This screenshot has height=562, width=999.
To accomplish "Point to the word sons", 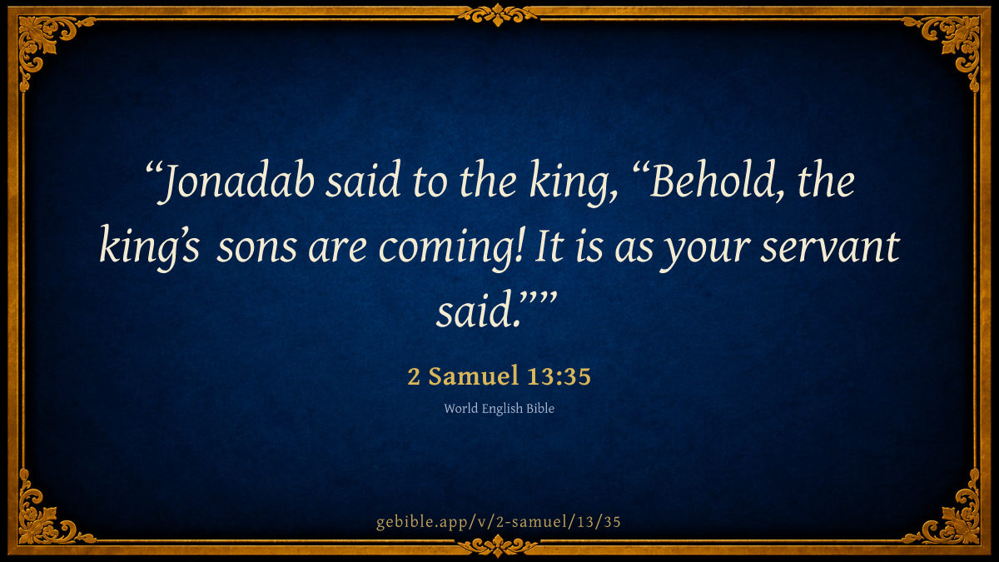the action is point(256,251).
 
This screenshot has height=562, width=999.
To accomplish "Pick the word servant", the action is point(830,247).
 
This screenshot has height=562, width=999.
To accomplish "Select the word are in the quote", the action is point(338,251).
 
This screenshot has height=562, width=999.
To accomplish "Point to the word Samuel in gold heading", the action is point(474,375).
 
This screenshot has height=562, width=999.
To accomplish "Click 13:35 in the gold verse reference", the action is point(559,376).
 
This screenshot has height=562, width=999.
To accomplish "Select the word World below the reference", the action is point(460,409).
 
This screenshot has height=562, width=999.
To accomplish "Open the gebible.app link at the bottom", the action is point(499,521).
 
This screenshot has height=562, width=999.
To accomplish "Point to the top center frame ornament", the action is point(498,15).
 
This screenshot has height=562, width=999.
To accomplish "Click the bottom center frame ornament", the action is point(498,545).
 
